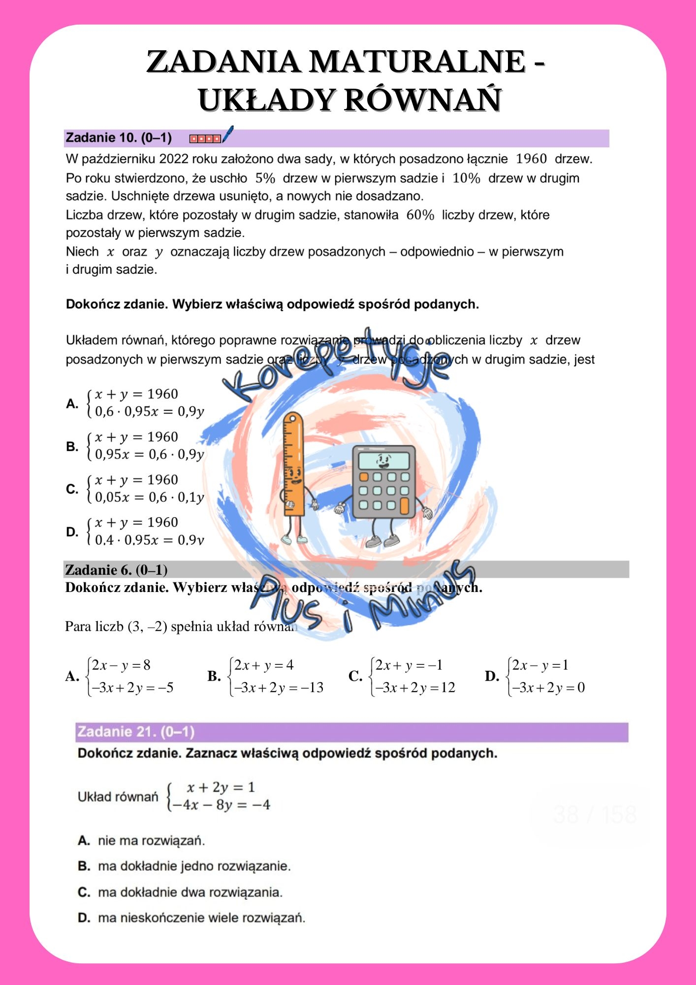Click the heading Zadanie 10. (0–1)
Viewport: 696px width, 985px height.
(119, 138)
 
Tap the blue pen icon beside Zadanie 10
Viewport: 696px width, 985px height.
(227, 134)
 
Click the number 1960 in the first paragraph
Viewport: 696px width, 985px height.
(531, 159)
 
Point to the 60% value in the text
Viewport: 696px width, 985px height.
(420, 215)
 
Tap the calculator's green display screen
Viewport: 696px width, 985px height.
(383, 461)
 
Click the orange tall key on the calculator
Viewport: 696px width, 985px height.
(405, 505)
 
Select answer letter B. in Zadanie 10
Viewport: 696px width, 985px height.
(72, 447)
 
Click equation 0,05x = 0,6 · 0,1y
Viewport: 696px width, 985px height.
(149, 497)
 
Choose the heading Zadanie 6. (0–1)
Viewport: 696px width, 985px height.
(116, 570)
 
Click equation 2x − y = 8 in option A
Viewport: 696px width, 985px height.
(121, 665)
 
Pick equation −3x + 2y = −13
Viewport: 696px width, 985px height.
(279, 688)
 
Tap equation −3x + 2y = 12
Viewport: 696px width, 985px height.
(415, 688)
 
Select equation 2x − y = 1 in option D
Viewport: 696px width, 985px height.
(540, 665)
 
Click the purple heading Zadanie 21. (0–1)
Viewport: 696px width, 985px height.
(136, 732)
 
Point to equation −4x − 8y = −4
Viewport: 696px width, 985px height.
(220, 805)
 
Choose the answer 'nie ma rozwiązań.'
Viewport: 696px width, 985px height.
(151, 841)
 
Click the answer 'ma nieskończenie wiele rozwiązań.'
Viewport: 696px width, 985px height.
(201, 918)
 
